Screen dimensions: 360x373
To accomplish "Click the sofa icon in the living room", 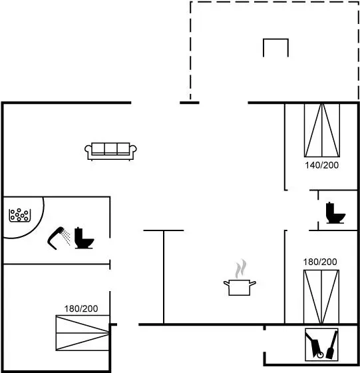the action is (110, 151).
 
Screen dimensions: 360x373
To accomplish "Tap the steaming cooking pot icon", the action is (240, 278).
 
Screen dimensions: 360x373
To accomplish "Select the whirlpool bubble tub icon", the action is (20, 215).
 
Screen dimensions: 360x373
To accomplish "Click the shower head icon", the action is (59, 238).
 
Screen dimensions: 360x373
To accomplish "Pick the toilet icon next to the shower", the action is (85, 238).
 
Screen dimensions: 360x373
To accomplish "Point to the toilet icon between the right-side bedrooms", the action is (335, 212).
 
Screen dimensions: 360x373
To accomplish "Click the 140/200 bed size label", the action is (322, 165).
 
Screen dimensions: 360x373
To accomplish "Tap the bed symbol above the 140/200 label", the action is (322, 130).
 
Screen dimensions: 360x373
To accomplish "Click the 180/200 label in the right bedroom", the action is (320, 262).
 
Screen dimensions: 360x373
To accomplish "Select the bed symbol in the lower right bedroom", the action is (321, 296).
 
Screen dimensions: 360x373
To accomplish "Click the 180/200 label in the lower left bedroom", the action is (81, 309).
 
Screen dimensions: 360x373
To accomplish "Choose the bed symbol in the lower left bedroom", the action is (83, 333).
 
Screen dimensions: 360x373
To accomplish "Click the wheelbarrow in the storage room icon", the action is (314, 346).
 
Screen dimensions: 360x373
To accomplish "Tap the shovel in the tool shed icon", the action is (332, 345).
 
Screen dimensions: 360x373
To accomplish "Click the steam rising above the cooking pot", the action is (241, 268).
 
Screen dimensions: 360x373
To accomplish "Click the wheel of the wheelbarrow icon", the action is (320, 355).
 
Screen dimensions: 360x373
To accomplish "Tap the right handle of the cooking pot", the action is (253, 283).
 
